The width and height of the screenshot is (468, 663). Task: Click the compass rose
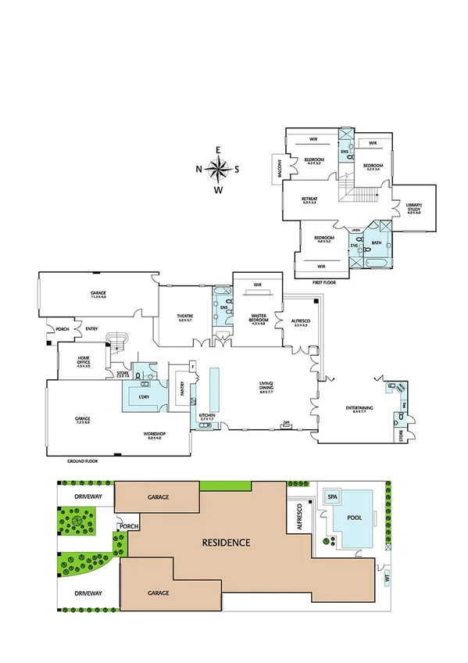219,168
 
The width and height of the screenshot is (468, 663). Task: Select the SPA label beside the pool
332,496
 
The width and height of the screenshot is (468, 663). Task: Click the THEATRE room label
184,316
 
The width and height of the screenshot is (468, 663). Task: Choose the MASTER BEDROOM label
257,318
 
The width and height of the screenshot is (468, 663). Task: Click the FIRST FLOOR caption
323,281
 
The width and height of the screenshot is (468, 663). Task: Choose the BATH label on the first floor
377,243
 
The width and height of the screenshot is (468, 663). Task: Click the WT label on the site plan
386,579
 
